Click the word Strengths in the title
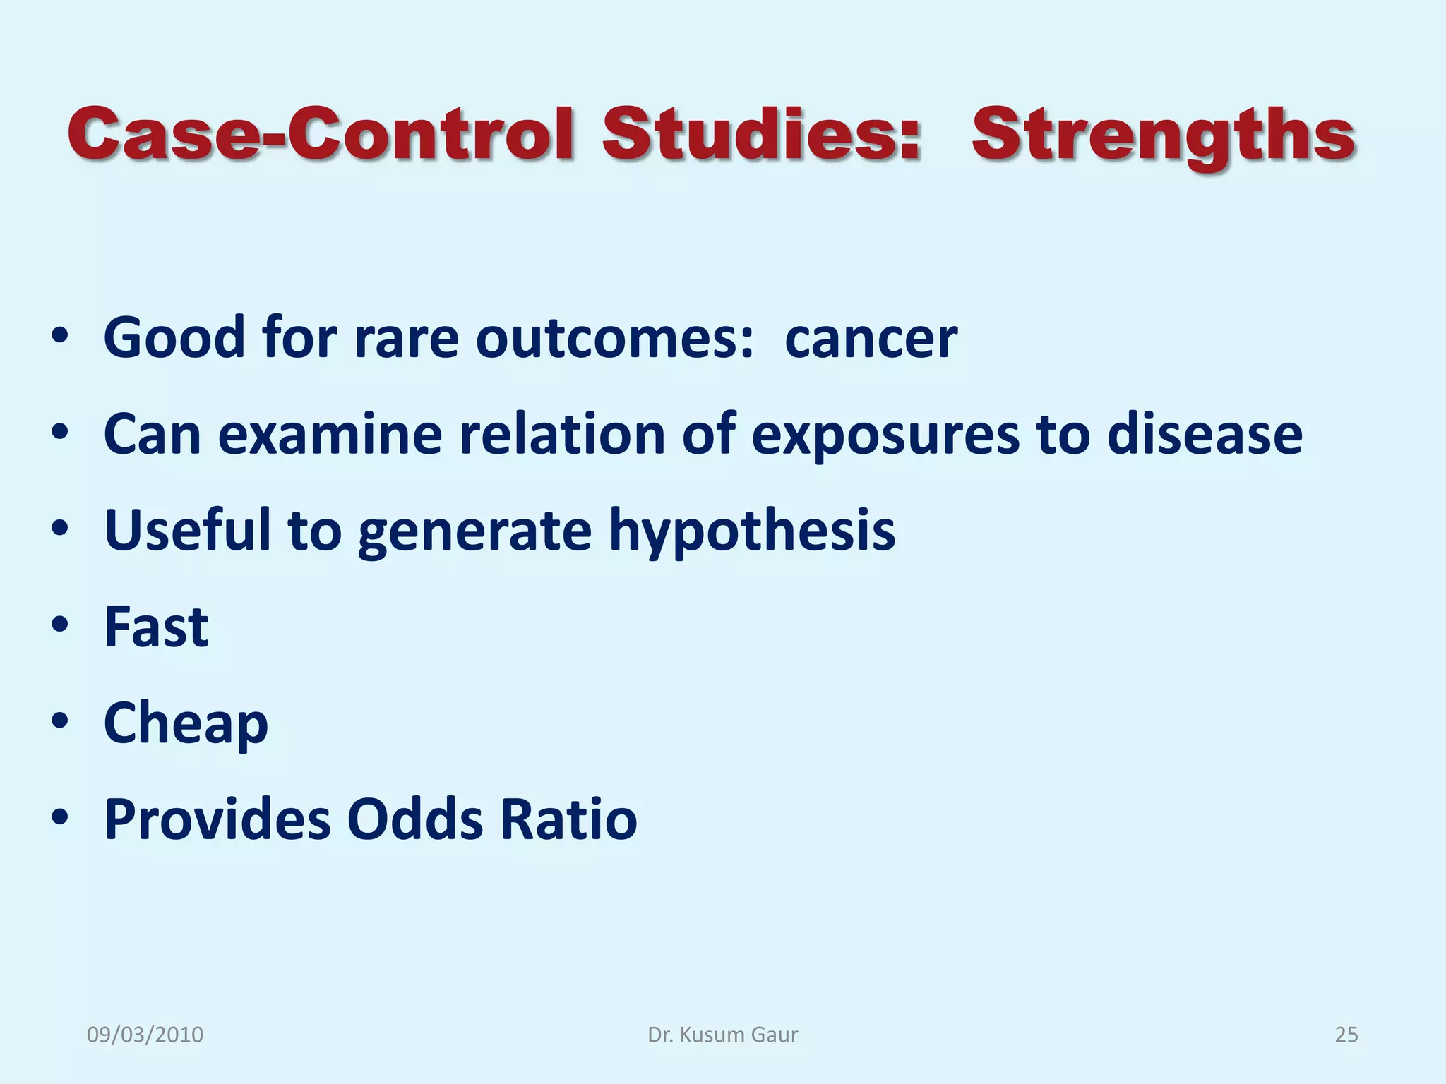coord(1163,135)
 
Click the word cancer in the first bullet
coord(871,339)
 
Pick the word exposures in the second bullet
coord(885,435)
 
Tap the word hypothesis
coord(752,531)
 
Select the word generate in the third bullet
coord(475,531)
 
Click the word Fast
coord(156,627)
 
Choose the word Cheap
coord(186,723)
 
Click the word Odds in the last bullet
coord(415,819)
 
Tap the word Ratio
coord(568,819)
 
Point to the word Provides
coord(217,819)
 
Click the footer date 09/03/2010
coord(145,1035)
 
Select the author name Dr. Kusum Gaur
coord(722,1035)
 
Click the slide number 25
coord(1346,1035)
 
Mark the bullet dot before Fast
coord(61,625)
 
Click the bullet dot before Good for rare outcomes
coord(61,337)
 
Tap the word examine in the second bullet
coord(330,435)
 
